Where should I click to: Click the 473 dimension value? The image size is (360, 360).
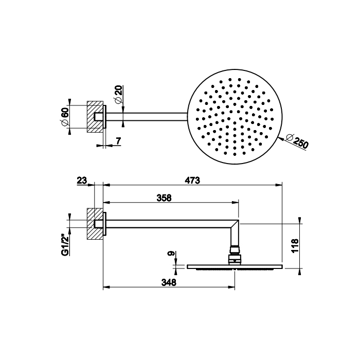point(192,180)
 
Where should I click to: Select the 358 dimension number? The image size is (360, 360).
point(164,197)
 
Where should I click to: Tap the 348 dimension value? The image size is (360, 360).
point(169,282)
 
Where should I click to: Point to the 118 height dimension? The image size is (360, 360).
point(295,245)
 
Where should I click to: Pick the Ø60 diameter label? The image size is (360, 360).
point(64,116)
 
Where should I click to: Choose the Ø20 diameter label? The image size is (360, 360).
point(118,95)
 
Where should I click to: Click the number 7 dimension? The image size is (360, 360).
point(118,141)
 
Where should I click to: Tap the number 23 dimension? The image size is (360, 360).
point(82,181)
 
